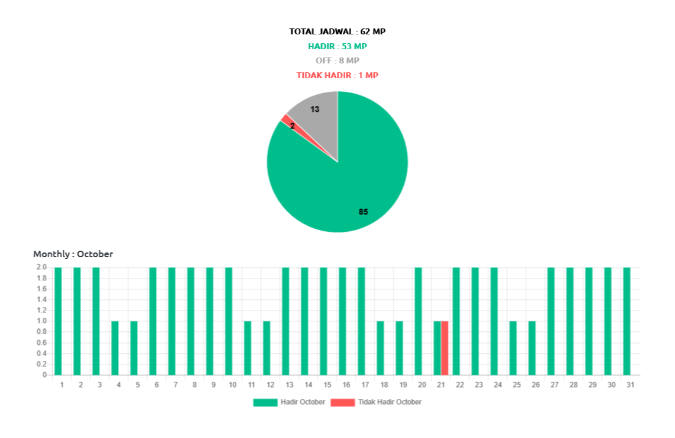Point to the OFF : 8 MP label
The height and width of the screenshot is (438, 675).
click(337, 60)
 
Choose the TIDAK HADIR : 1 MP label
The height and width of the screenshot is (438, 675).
click(337, 75)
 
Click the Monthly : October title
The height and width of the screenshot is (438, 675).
click(73, 254)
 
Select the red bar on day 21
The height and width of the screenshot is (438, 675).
click(445, 348)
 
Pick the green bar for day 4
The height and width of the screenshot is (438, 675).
click(115, 348)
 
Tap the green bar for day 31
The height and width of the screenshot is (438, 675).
click(626, 321)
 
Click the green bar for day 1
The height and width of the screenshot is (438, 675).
click(58, 321)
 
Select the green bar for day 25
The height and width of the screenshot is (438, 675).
click(513, 348)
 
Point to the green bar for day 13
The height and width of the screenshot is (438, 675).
click(285, 321)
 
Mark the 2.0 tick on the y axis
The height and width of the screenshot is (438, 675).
click(41, 267)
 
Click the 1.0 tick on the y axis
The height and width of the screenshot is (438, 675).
click(41, 321)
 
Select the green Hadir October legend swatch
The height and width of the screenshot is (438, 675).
click(265, 402)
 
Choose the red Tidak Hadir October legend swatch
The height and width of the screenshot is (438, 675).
click(342, 402)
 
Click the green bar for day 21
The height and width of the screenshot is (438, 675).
click(437, 348)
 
